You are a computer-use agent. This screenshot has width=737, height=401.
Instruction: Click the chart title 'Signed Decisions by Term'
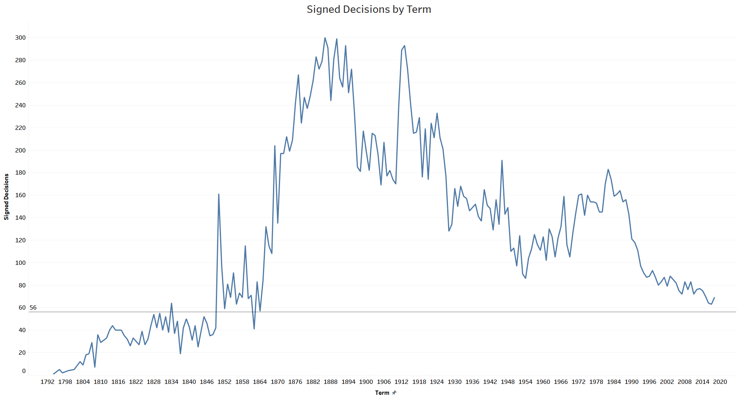click(x=369, y=9)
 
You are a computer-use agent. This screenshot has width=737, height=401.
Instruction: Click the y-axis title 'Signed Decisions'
click(x=6, y=197)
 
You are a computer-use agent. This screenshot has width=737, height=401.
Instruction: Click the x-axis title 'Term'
click(x=382, y=393)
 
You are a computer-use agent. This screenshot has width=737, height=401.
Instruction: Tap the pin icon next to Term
click(x=394, y=393)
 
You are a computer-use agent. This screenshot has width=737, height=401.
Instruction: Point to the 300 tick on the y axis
click(x=20, y=38)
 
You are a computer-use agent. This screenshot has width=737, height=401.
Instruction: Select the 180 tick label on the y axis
click(x=20, y=173)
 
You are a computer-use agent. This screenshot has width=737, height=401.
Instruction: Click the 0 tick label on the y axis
click(x=24, y=371)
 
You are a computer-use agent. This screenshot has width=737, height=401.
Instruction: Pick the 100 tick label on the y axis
click(x=20, y=263)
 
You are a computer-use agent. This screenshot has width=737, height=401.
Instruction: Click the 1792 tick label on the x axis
click(x=47, y=382)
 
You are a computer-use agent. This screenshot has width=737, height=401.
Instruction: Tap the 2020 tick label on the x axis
click(x=720, y=382)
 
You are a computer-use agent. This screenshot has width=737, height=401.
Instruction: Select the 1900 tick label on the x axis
click(x=366, y=382)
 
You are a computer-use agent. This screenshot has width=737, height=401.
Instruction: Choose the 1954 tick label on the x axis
click(x=525, y=382)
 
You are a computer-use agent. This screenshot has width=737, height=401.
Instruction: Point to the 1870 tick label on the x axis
click(x=278, y=382)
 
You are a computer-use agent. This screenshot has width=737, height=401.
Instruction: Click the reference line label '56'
click(x=33, y=308)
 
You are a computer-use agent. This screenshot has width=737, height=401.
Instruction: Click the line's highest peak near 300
click(x=325, y=38)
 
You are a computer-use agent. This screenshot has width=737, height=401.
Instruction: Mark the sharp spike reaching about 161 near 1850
click(x=219, y=194)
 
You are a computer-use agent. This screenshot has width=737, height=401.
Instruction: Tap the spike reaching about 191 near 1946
click(x=502, y=160)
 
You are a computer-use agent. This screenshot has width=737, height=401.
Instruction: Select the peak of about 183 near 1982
click(x=608, y=170)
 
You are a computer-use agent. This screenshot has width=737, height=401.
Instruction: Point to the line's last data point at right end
click(x=714, y=298)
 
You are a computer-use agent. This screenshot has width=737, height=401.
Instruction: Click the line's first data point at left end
click(x=54, y=374)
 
